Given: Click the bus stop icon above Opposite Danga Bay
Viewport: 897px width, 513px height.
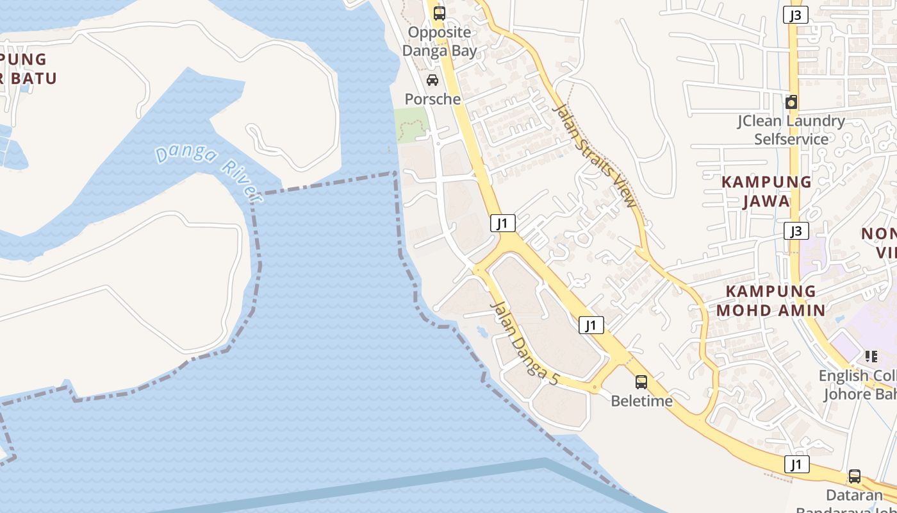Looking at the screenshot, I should (439, 13).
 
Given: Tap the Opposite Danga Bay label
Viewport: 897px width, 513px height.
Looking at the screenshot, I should (440, 42).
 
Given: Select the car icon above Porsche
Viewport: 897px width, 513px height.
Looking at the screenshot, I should (432, 80).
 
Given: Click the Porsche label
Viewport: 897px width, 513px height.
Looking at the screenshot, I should (432, 99).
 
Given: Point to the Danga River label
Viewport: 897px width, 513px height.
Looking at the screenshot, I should (206, 169).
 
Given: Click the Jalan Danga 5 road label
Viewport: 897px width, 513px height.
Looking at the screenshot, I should (523, 343).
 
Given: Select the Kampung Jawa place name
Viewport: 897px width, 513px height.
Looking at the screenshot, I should (766, 191).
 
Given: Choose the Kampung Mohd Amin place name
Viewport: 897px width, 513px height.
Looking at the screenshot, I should (771, 301).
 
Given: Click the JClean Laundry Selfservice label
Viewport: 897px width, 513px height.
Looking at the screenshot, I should (791, 130).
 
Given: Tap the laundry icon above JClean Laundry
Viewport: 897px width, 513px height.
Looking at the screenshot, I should (791, 102).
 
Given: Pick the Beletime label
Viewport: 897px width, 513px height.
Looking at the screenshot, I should (641, 401).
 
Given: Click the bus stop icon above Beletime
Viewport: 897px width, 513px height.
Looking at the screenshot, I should (641, 382).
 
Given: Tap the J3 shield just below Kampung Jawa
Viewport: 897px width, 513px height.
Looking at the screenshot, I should (795, 231).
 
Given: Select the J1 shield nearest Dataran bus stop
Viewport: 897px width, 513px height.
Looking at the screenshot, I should (796, 464).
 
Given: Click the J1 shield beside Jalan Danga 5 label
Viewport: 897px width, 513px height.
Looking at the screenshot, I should (591, 325).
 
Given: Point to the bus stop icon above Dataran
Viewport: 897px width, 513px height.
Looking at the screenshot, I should (854, 476).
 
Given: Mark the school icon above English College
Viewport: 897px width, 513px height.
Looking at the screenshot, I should (871, 356).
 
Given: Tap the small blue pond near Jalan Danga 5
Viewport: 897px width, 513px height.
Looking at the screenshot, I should (482, 331).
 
